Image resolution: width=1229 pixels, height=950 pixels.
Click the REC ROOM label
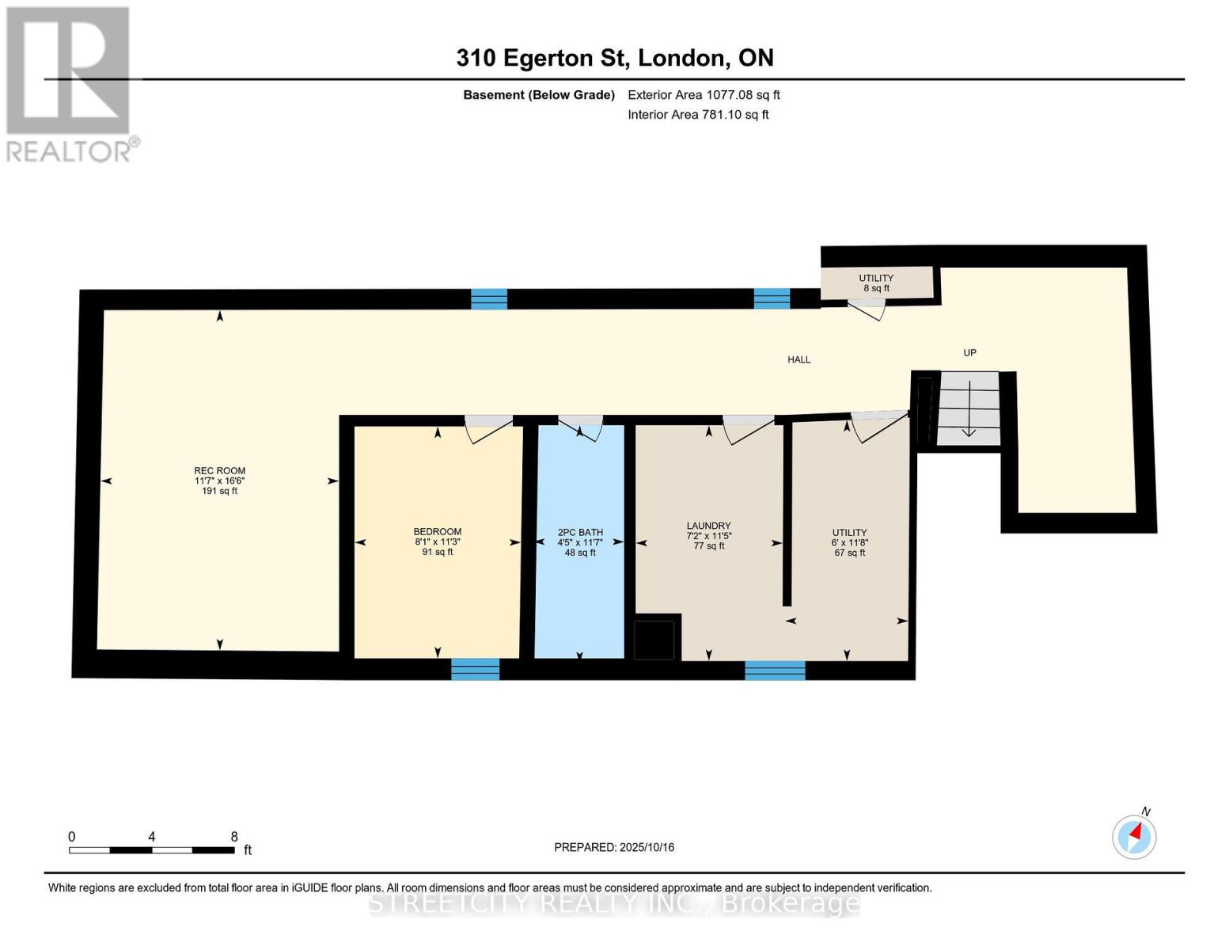tap(219, 470)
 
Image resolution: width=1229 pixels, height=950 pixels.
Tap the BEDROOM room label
tap(437, 531)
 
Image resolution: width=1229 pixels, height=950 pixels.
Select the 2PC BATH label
tap(580, 532)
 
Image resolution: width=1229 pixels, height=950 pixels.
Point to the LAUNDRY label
tap(708, 526)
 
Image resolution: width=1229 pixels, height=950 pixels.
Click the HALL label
tap(798, 359)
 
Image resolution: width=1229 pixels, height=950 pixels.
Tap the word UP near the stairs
tap(969, 352)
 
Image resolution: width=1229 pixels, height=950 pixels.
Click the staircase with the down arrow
tap(969, 408)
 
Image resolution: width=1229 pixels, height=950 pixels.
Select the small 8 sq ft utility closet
tap(876, 283)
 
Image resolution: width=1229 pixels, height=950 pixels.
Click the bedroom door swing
tap(488, 429)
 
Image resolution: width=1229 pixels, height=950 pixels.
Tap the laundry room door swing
tap(749, 429)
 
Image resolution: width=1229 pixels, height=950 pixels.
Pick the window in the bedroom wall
tap(475, 669)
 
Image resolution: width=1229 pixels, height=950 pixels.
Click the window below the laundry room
tap(775, 670)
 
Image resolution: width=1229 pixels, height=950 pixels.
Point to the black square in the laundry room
tap(654, 640)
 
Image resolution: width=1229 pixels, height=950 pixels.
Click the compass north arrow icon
tap(1134, 837)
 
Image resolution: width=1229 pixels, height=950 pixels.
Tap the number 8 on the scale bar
tap(234, 836)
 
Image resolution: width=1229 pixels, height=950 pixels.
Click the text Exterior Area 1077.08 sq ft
tap(704, 95)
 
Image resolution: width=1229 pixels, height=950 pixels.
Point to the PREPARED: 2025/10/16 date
tap(614, 847)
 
